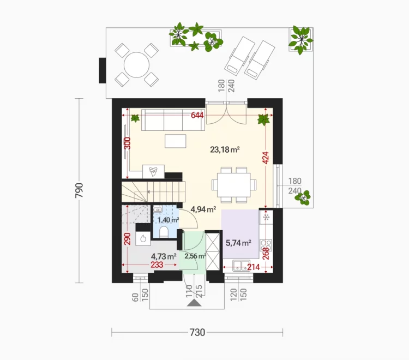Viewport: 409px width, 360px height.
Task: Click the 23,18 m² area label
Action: [225, 149]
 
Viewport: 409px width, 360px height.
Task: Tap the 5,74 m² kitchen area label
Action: [238, 243]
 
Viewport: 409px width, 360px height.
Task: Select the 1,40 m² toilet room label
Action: [169, 220]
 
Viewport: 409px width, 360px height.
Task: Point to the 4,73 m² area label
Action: [164, 256]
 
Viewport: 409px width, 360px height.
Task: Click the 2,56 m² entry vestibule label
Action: [195, 256]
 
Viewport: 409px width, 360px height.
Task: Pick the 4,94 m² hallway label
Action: [203, 209]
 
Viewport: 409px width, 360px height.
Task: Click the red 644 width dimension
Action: [197, 115]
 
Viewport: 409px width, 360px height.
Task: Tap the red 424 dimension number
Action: [266, 158]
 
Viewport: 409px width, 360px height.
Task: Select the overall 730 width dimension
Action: [197, 333]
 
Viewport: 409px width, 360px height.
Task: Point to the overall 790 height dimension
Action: [79, 190]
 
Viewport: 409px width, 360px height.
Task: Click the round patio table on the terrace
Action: [136, 65]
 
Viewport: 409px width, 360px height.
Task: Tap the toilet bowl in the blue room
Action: [164, 232]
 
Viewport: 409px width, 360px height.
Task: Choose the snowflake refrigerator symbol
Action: [266, 217]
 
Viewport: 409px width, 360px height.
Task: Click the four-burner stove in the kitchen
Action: [266, 245]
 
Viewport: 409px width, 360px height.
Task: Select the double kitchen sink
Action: [242, 266]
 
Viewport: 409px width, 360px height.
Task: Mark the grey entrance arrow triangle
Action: [194, 303]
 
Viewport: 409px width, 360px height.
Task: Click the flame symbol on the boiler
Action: [143, 238]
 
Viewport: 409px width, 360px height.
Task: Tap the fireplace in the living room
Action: [153, 171]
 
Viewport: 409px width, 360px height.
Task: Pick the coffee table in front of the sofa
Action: [176, 141]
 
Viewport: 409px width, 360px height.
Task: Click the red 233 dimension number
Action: [157, 265]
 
